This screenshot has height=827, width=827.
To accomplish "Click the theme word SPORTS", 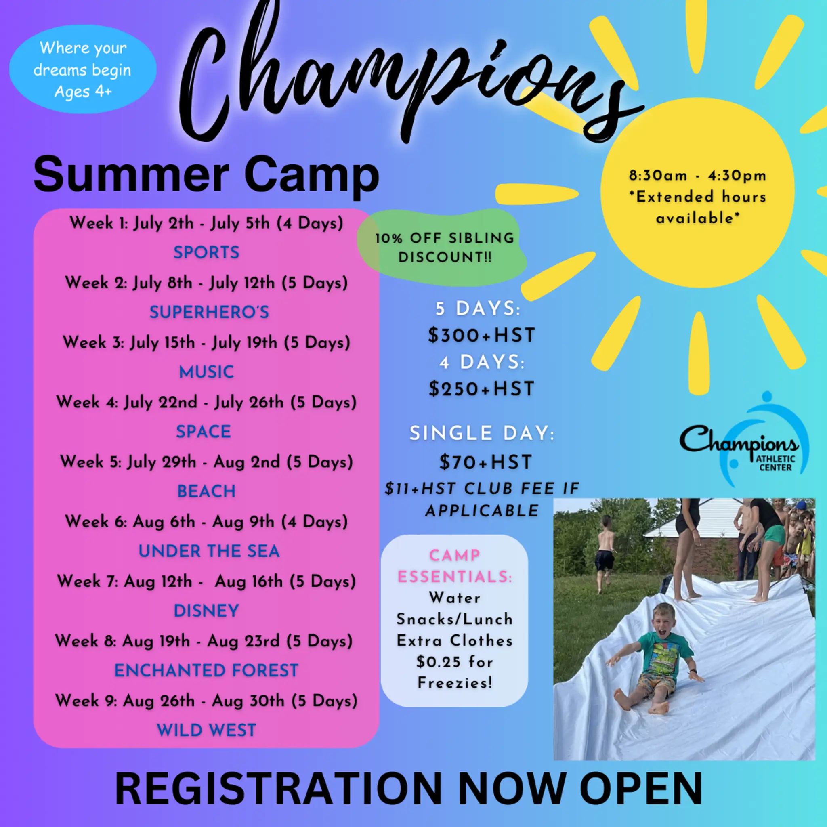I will click(206, 252).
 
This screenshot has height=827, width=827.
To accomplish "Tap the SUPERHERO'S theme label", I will click(209, 312).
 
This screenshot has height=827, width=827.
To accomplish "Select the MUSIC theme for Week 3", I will click(206, 372).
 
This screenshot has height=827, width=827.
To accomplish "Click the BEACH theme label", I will click(206, 491).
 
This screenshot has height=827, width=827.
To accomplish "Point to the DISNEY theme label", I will click(206, 611).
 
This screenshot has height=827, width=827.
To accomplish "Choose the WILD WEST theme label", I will click(206, 730).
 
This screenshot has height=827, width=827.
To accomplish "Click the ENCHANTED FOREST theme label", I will click(206, 670).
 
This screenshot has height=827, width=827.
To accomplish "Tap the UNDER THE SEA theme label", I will click(209, 551).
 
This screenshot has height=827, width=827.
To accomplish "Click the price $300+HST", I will click(482, 335).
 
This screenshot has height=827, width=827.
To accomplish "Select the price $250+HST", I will click(482, 389).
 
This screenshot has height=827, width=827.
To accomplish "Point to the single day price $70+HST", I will click(485, 462).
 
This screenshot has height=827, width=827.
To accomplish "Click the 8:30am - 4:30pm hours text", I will click(697, 176).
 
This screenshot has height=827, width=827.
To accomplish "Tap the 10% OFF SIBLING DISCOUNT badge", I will click(444, 248).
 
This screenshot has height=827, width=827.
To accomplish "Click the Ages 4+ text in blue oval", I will click(83, 92).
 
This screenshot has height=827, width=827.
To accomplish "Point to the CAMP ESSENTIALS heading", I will click(455, 566).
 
